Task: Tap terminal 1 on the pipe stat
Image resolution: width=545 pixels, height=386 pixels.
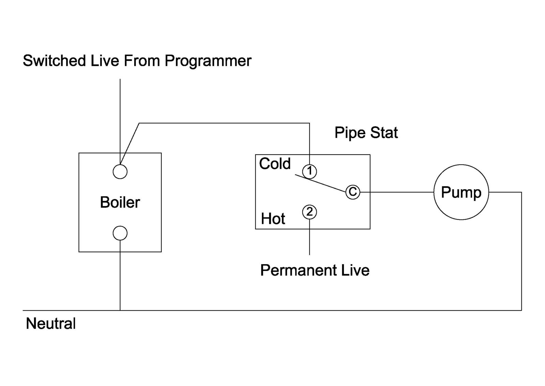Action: [x=309, y=171]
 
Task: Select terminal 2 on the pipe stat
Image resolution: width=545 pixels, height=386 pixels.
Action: [x=309, y=212]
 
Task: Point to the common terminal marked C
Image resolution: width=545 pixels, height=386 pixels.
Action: [x=353, y=192]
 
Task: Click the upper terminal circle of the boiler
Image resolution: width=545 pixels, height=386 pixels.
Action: [x=120, y=171]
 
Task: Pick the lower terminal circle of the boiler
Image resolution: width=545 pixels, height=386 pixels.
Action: [x=120, y=233]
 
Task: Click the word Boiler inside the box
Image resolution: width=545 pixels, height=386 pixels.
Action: [x=120, y=202]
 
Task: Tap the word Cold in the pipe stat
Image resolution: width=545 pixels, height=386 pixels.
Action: [x=275, y=164]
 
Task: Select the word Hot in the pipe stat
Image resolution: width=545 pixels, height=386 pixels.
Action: [x=273, y=219]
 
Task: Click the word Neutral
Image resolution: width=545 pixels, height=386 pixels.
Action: [x=51, y=324]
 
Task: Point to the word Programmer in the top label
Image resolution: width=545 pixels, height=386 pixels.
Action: [x=208, y=61]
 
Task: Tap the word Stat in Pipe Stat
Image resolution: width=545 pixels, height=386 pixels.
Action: [x=384, y=133]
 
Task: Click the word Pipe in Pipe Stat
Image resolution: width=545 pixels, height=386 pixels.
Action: [x=350, y=133]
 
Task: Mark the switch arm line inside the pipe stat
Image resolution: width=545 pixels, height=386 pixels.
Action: [x=320, y=184]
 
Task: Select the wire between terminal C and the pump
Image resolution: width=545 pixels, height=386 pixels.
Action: [x=397, y=192]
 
